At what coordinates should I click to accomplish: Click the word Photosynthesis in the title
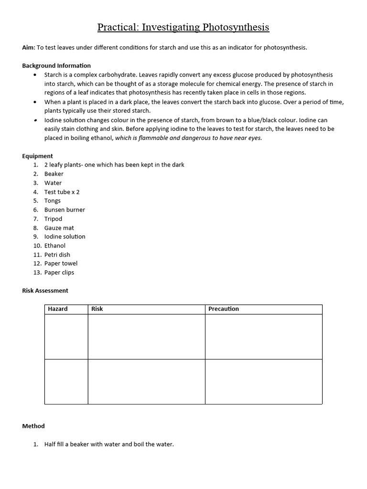click(236, 27)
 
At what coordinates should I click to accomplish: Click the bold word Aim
click(28, 47)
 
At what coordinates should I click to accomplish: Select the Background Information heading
click(56, 65)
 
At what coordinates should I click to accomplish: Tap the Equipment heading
click(38, 156)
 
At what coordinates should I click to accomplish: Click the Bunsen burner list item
click(65, 210)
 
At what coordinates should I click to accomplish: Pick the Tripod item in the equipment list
click(53, 219)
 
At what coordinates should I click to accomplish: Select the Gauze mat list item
click(59, 228)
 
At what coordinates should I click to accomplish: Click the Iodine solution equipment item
click(65, 236)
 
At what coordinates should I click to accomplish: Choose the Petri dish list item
click(57, 255)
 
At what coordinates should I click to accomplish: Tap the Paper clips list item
click(59, 273)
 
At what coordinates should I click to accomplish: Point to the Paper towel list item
click(61, 264)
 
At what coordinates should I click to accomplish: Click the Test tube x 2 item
click(62, 192)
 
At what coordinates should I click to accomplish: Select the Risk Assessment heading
click(45, 290)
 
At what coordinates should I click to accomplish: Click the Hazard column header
click(58, 309)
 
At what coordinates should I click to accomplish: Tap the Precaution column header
click(224, 309)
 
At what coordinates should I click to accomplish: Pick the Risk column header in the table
click(97, 309)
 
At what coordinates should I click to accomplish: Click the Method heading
click(33, 426)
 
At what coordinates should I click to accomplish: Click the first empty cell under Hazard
click(66, 336)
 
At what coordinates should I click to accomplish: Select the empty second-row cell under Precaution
click(263, 381)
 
